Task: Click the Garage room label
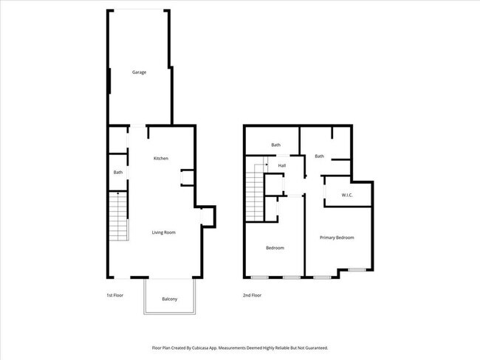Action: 139,72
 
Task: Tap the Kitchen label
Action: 161,159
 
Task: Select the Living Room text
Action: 163,232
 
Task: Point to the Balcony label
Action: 169,299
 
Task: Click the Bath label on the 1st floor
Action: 117,173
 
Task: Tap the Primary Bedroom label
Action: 337,238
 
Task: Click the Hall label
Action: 281,165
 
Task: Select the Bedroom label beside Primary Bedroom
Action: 275,248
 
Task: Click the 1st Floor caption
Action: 113,295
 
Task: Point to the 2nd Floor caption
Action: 252,295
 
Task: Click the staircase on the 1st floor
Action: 117,218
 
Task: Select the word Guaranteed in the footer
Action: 313,347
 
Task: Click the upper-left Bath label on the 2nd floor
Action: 275,145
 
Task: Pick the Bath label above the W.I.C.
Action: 319,156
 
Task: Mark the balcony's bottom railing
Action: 169,314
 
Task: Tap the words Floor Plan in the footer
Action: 162,347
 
